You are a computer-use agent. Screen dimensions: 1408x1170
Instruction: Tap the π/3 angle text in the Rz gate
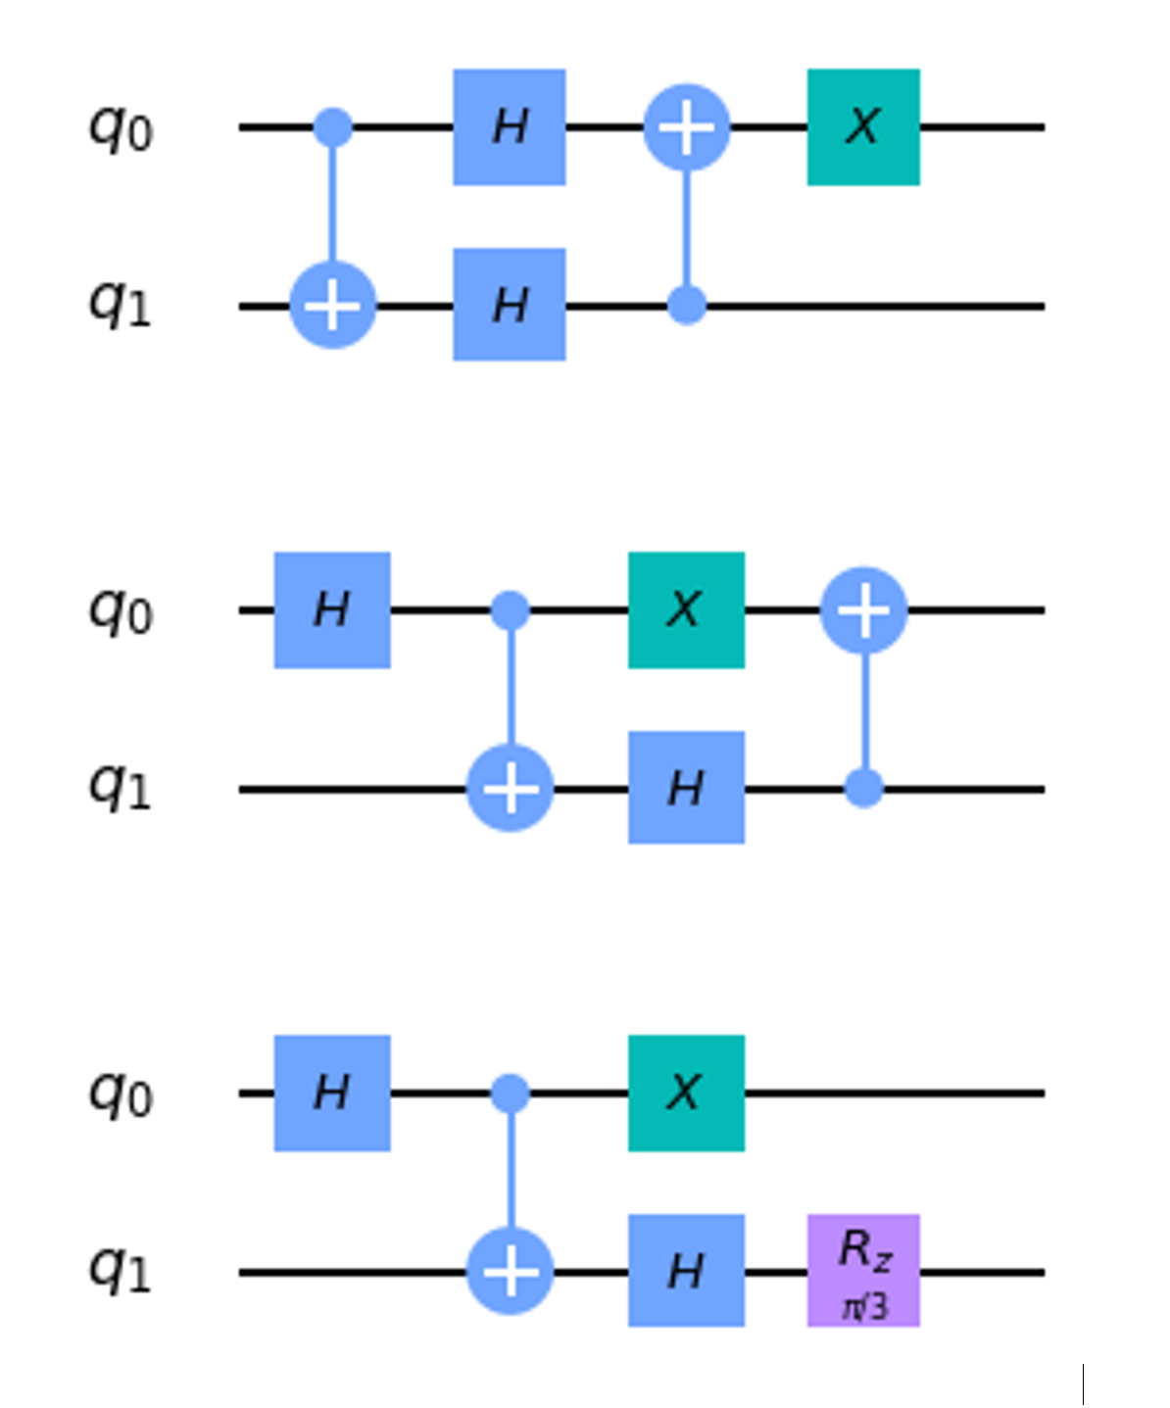[x=864, y=1307]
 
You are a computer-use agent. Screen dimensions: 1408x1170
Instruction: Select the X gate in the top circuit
[x=862, y=126]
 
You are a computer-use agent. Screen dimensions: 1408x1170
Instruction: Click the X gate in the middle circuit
[x=686, y=609]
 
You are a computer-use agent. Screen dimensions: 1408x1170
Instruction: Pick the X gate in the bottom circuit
[x=686, y=1092]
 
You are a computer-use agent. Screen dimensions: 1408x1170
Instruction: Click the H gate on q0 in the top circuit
[x=509, y=126]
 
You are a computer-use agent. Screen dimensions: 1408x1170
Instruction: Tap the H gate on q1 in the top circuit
[x=509, y=305]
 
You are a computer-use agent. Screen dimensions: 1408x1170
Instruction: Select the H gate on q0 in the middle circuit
[x=331, y=609]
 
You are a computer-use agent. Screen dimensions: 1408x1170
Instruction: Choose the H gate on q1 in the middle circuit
[x=686, y=787]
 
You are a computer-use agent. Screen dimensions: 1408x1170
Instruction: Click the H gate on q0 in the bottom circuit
[x=331, y=1092]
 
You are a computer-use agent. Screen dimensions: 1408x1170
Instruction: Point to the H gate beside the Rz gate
[x=686, y=1271]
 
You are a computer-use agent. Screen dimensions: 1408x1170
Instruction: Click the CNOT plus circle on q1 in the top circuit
[x=333, y=306]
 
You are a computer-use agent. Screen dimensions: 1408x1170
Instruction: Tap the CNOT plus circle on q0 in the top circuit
[x=686, y=127]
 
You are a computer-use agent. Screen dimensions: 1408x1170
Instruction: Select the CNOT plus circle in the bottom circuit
[x=510, y=1271]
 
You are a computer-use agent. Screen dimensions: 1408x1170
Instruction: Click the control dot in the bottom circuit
[x=510, y=1092]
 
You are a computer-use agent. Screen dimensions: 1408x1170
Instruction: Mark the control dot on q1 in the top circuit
[x=686, y=306]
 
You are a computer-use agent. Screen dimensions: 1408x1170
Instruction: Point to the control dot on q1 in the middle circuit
[x=863, y=788]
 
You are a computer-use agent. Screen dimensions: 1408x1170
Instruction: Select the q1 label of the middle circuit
[x=121, y=788]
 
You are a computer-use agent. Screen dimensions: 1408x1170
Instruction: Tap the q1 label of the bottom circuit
[x=121, y=1271]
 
